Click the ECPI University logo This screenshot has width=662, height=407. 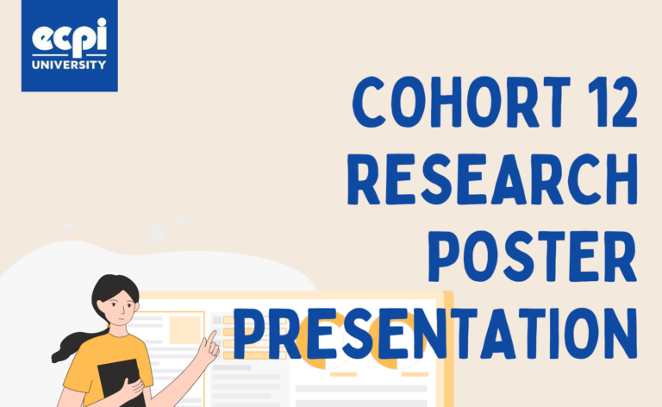(x=70, y=46)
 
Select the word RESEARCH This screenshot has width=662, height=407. (x=492, y=179)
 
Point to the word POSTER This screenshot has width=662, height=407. (x=533, y=257)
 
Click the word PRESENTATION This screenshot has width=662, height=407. (x=435, y=334)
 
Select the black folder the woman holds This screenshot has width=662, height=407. (x=122, y=383)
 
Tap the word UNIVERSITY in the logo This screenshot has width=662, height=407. (x=69, y=65)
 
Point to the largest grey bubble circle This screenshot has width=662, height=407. (x=157, y=234)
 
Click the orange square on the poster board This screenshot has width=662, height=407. (x=184, y=329)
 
